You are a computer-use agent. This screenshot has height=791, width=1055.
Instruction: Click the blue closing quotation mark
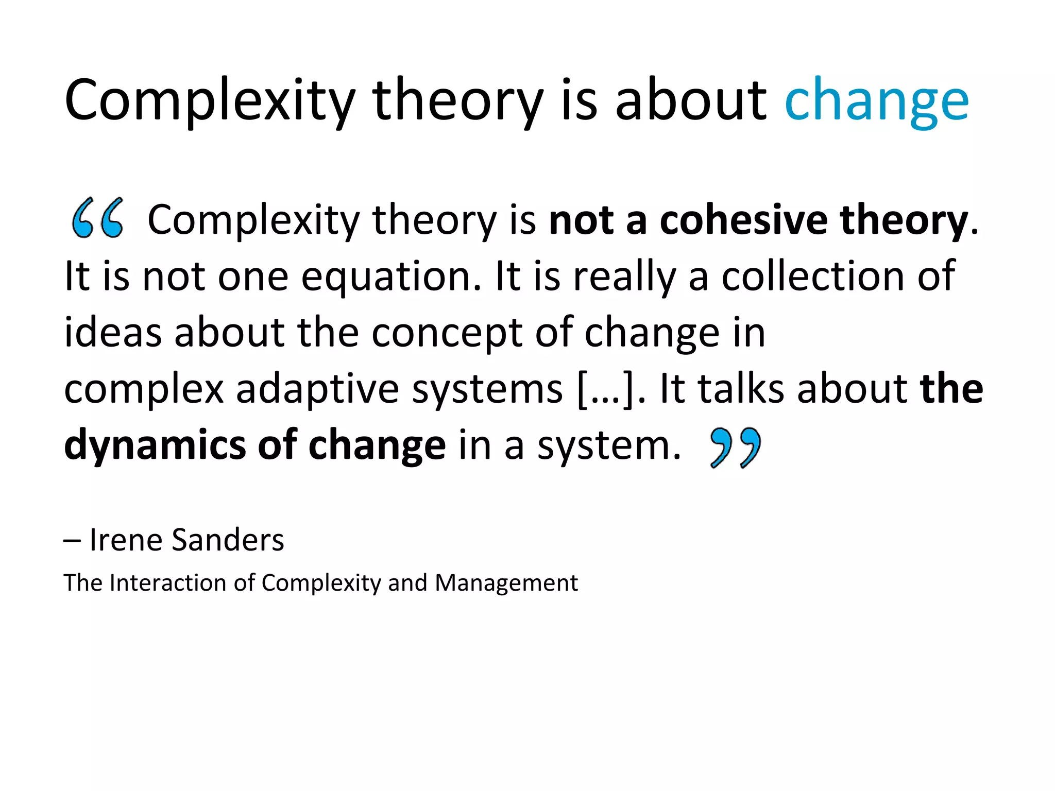[x=735, y=447]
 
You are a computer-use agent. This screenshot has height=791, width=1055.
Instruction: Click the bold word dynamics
[x=155, y=446]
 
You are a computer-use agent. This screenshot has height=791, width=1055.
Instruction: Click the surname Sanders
[x=227, y=540]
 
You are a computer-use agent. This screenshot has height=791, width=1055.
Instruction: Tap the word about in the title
[x=691, y=100]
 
